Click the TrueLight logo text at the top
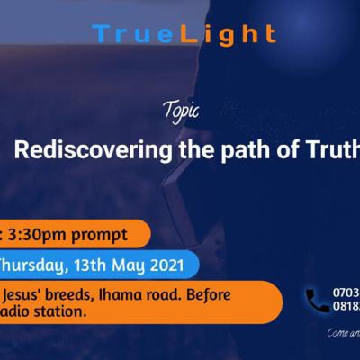[184, 34]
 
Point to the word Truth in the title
[328, 148]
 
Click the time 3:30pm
[39, 235]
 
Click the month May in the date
[134, 265]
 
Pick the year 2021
[171, 265]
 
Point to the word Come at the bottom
[337, 331]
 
